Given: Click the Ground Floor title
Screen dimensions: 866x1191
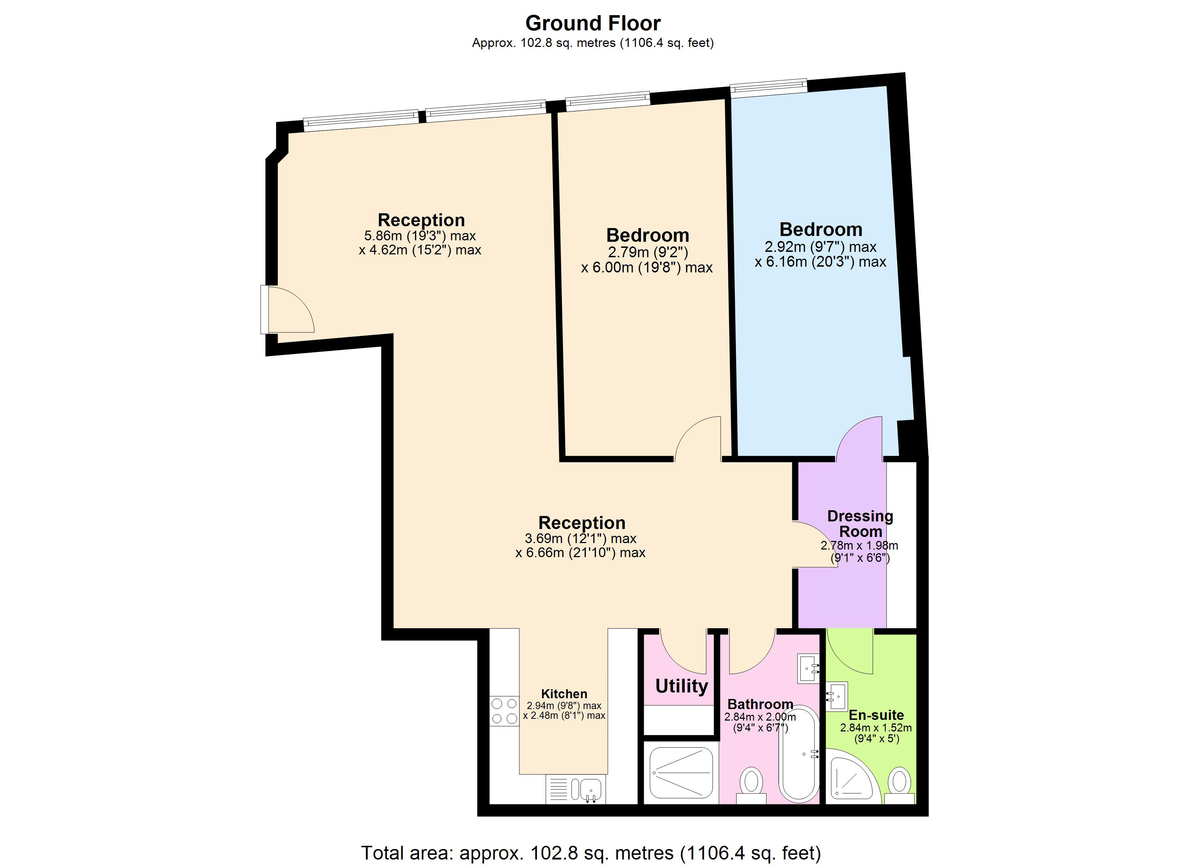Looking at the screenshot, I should point(593,23).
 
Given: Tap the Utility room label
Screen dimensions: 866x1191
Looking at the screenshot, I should point(681,686).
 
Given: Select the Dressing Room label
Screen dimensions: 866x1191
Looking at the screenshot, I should point(860,524).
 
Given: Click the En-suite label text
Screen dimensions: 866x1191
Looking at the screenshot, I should point(876,715).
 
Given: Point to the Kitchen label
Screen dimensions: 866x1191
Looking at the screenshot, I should point(564,694).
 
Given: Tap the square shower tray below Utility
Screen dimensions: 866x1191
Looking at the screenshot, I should point(681,772).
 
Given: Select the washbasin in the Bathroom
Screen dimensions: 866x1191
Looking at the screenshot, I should point(808,668).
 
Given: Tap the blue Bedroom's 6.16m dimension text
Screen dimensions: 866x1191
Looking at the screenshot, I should point(820,262).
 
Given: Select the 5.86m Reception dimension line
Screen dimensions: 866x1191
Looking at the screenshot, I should point(420,236).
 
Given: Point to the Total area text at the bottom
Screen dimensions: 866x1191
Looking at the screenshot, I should point(591,852).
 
